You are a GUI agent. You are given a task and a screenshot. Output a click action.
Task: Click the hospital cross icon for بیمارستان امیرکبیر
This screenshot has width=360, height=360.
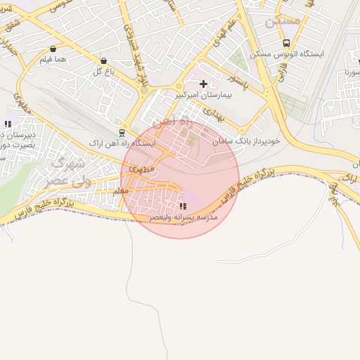(x=204, y=84)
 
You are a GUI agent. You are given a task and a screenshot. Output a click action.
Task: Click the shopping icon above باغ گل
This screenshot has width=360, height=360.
(x=104, y=61)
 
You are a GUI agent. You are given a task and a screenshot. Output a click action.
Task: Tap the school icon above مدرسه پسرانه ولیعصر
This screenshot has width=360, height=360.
(x=183, y=206)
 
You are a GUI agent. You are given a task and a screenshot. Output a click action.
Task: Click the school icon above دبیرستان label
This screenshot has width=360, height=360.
(x=8, y=124)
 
